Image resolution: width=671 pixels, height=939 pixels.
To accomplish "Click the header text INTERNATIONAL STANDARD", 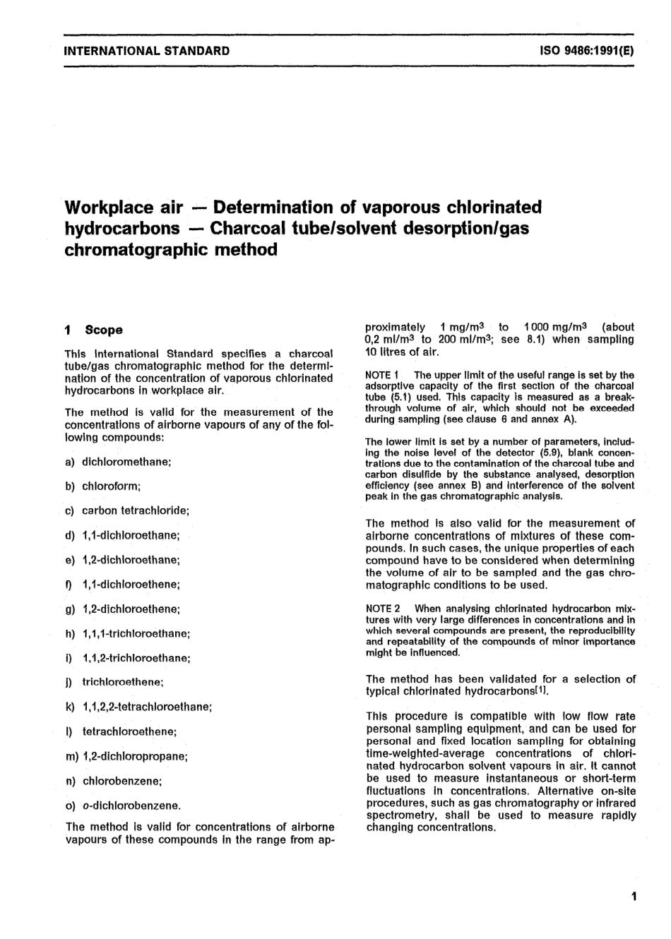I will coord(146,51).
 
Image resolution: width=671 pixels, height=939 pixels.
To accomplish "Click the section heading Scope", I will coord(103,330).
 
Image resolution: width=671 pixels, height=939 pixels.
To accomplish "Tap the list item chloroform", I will coord(112,486).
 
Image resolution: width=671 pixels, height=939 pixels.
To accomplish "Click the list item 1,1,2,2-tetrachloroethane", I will coord(147,706).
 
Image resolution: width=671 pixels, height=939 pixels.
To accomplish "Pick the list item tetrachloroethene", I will coord(129,731).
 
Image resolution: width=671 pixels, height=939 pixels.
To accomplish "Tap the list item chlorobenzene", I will coord(122,781).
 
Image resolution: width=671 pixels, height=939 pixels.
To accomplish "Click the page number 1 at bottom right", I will coord(634,897).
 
